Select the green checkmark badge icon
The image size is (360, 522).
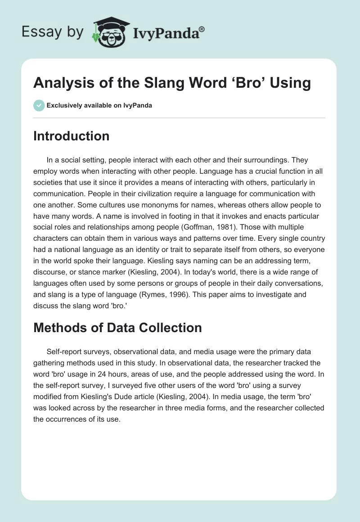pos(39,105)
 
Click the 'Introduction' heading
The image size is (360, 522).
pos(71,136)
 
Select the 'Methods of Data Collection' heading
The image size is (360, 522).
pos(117,328)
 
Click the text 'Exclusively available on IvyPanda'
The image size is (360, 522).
pos(99,105)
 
